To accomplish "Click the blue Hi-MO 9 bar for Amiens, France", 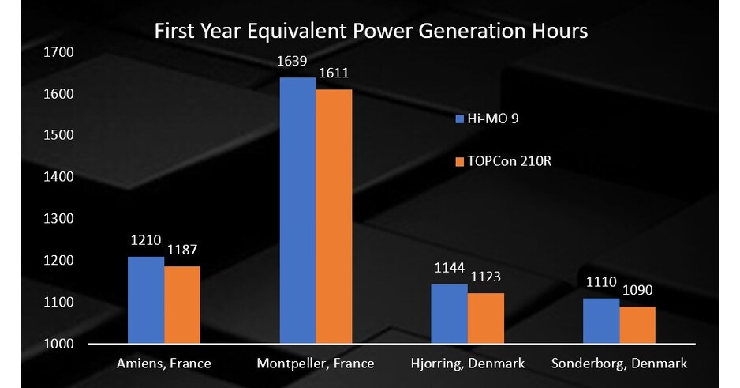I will click(146, 300).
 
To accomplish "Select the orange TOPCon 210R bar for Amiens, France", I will click(182, 305).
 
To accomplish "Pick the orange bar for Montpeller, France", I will click(334, 217).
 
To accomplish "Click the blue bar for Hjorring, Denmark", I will click(449, 314).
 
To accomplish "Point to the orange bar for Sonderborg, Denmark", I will click(637, 325).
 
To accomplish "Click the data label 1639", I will click(297, 61).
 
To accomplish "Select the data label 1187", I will click(182, 251).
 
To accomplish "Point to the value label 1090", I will click(637, 291).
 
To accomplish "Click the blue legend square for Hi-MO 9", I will click(459, 119).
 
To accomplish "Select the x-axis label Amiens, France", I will click(164, 364).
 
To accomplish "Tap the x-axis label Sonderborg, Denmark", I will click(619, 364).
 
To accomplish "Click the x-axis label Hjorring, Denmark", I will click(467, 364).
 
